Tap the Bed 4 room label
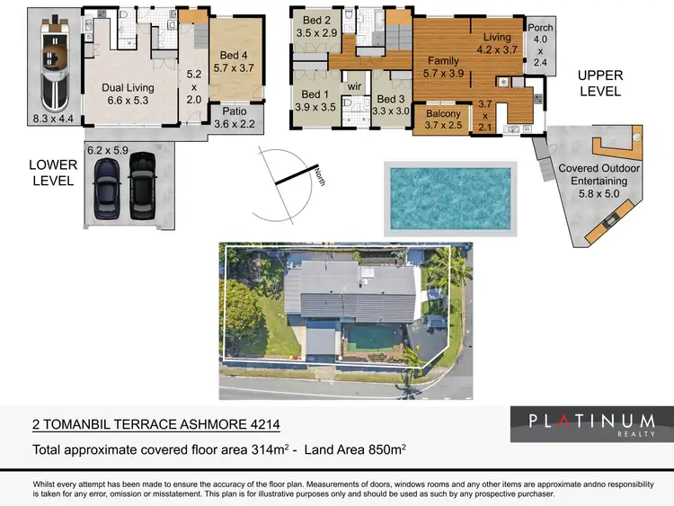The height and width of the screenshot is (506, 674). coord(234,59)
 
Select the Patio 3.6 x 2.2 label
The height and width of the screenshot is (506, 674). coord(234,118)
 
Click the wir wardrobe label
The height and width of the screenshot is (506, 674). coord(355,86)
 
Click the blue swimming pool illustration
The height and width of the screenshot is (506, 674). coord(450,199)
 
